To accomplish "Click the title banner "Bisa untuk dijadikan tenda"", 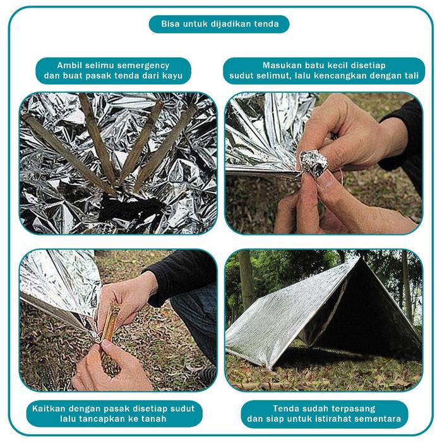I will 219,25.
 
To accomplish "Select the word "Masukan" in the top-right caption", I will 284,65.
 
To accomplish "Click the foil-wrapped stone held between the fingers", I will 314,162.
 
